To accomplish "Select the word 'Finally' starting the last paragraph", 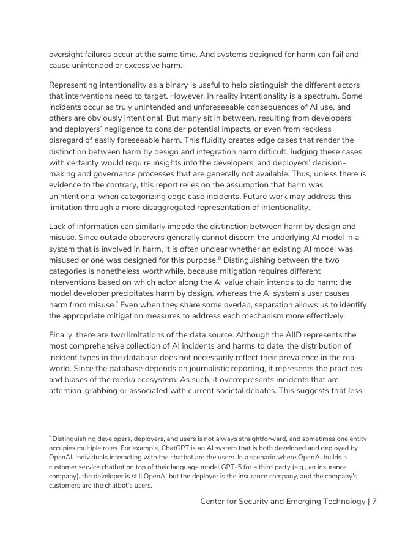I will tap(63, 335).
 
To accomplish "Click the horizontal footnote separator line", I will tap(98, 421).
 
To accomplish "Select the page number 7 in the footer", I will tap(374, 502).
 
